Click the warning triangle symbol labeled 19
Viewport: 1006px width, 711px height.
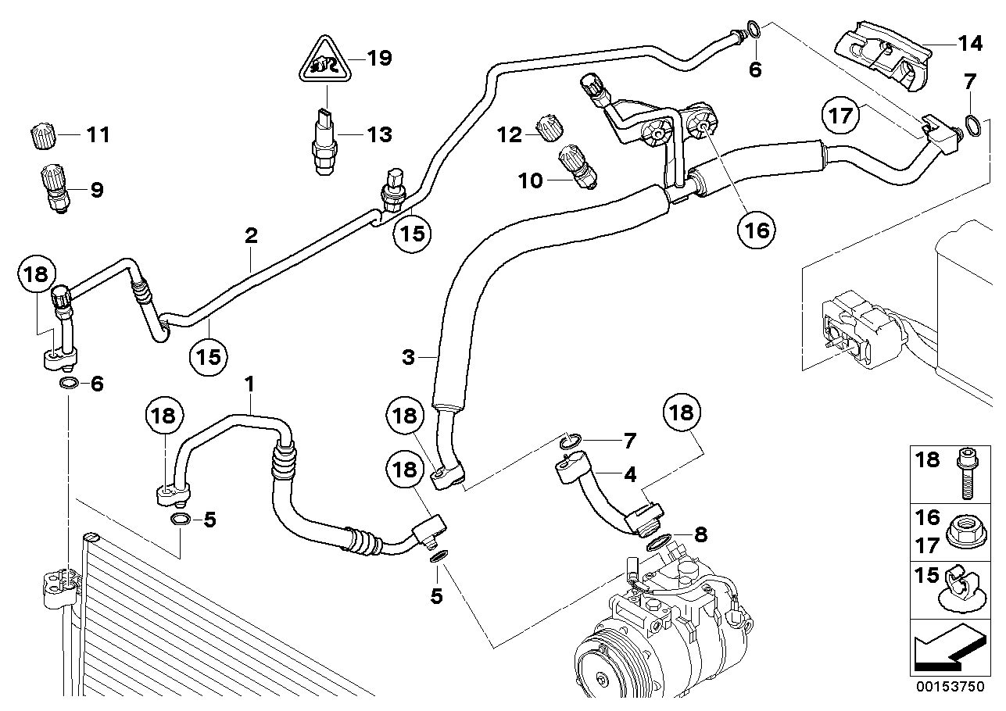click(x=325, y=62)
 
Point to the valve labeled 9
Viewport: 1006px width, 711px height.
click(x=55, y=188)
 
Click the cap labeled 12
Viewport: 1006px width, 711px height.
click(x=550, y=128)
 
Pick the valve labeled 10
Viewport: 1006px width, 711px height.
click(x=578, y=166)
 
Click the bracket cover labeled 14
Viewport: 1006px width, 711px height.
click(x=883, y=56)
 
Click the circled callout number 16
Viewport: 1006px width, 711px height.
click(x=757, y=230)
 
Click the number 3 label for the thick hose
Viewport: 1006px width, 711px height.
click(x=408, y=358)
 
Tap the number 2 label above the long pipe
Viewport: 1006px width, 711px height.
click(x=251, y=235)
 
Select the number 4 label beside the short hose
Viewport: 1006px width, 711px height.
click(x=630, y=474)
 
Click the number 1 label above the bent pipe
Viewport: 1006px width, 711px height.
click(x=249, y=384)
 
